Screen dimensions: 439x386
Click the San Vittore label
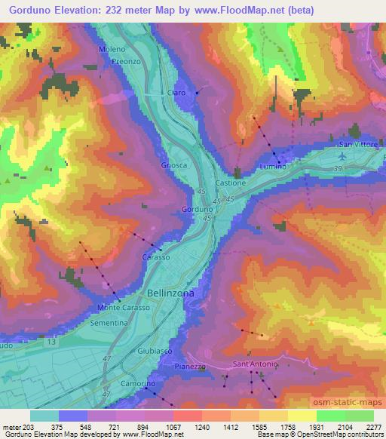pos(358,145)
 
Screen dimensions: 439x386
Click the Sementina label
pos(109,322)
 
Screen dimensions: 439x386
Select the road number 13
pos(51,342)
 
